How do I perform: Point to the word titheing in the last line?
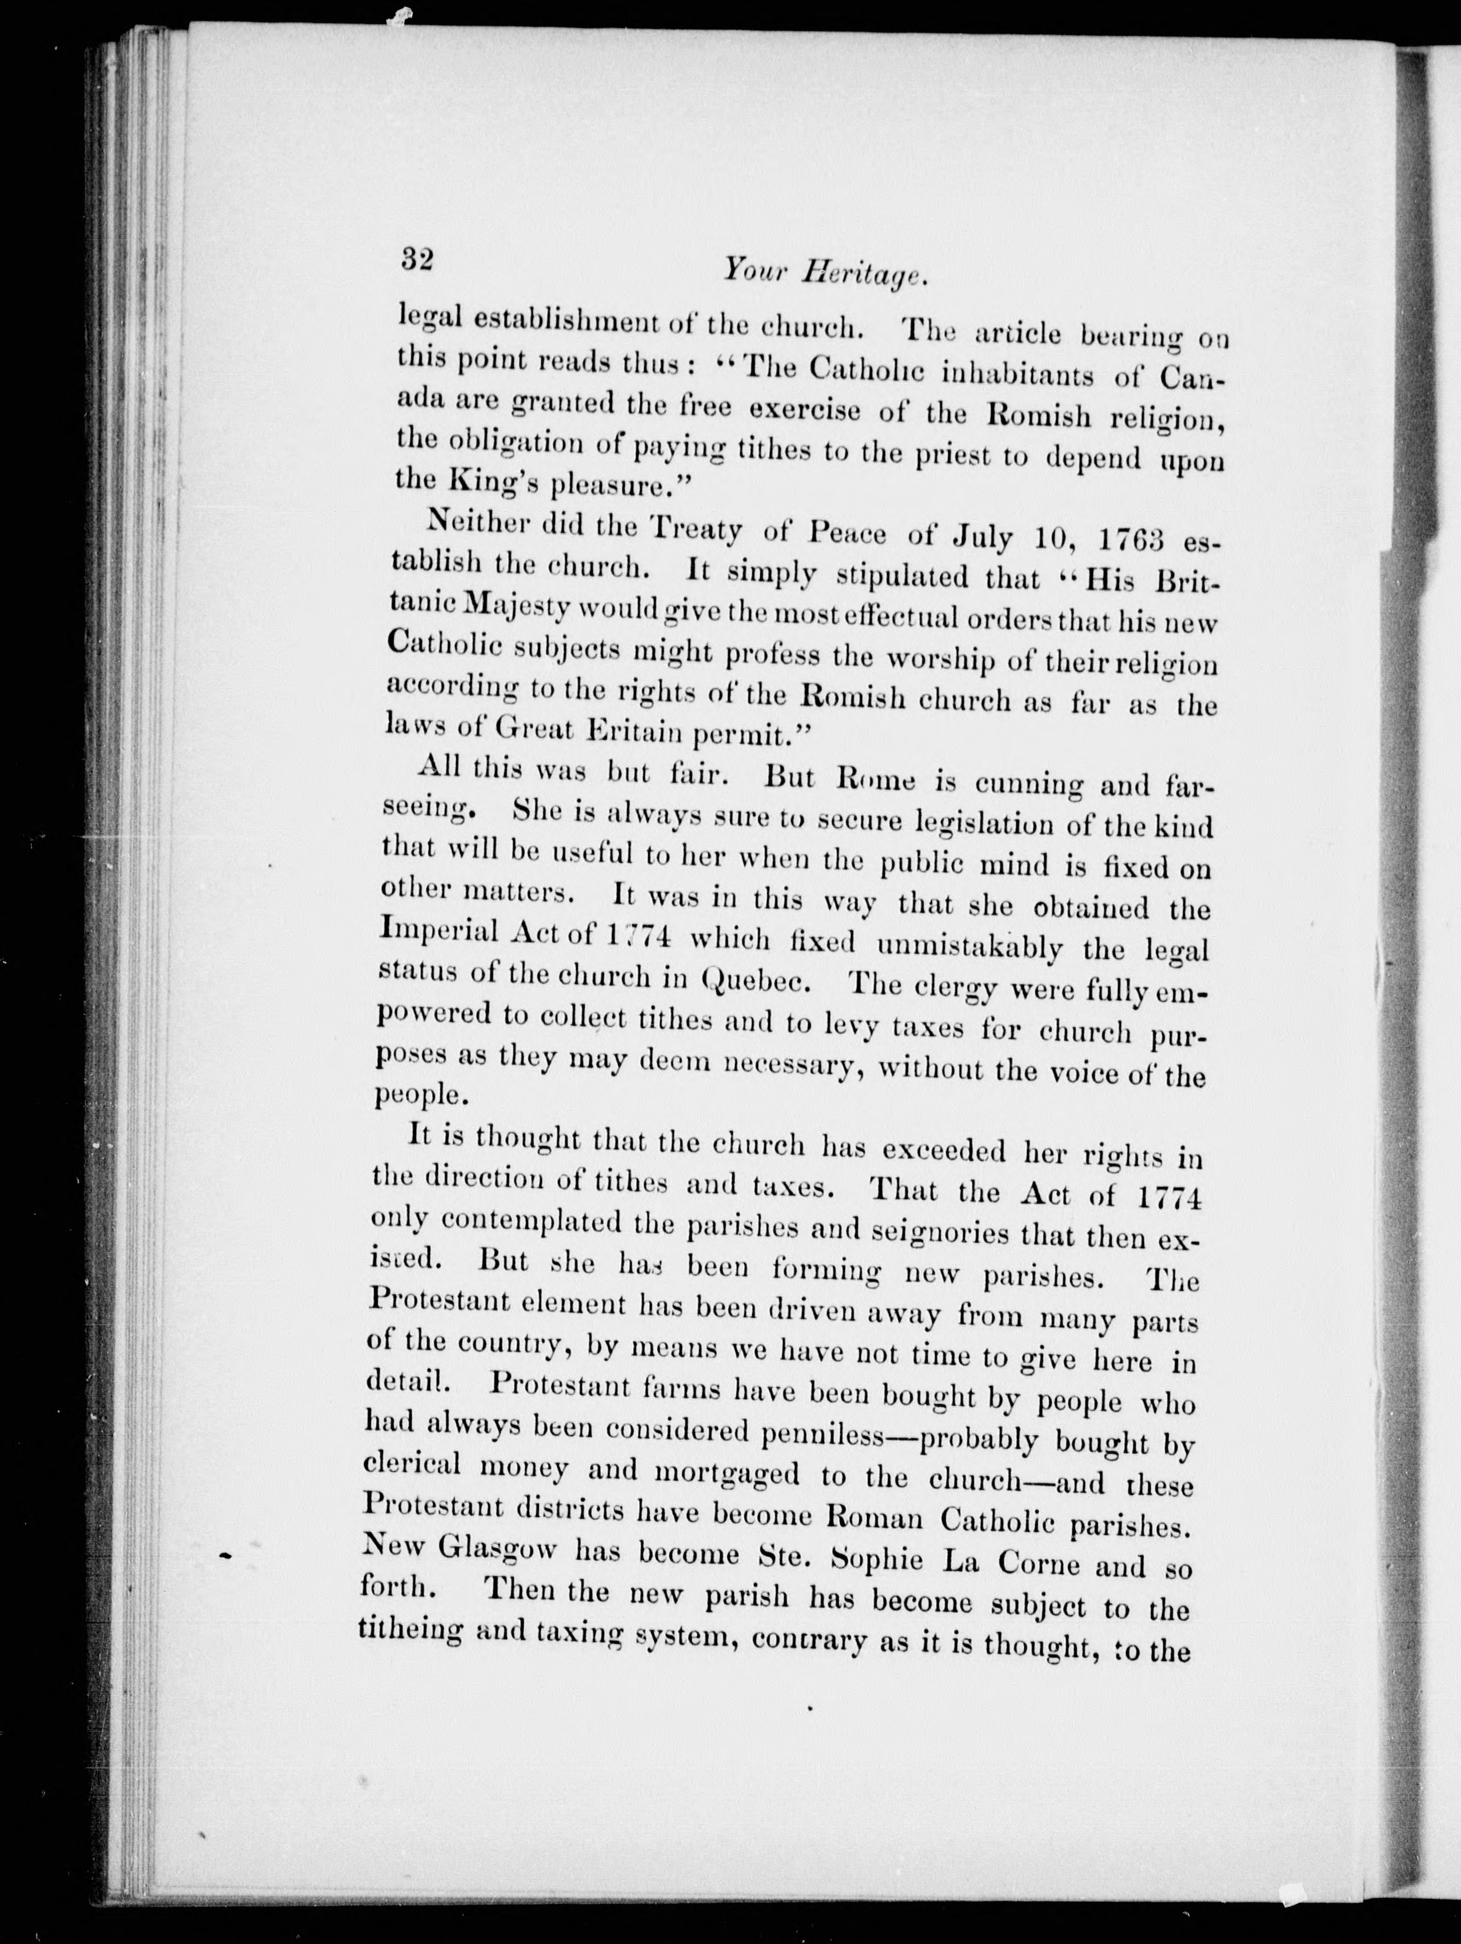coord(410,1630)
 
